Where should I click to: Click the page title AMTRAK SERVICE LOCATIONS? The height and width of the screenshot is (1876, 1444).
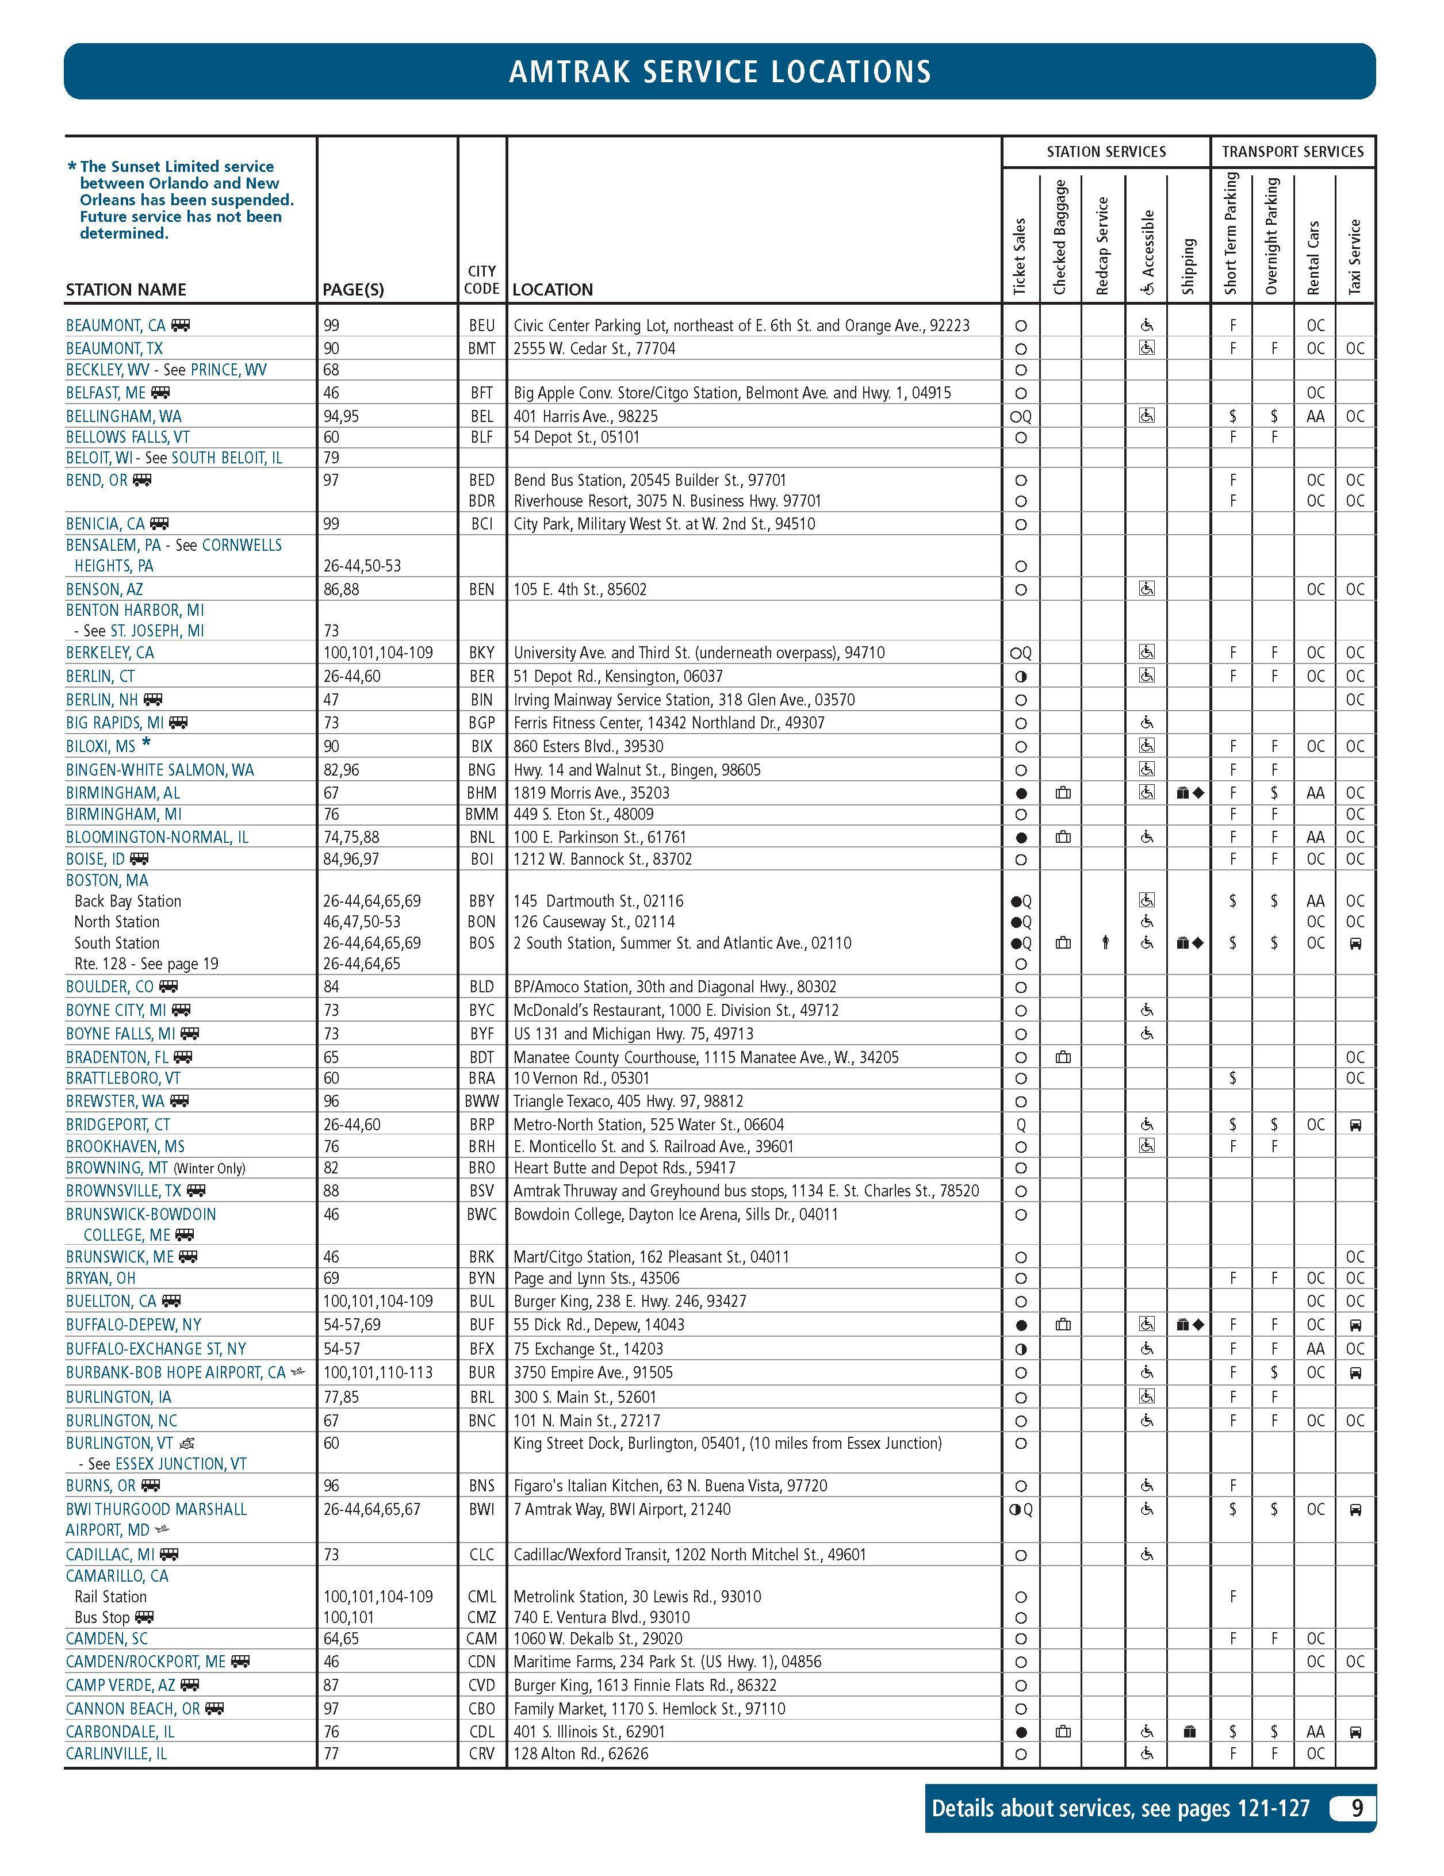720,71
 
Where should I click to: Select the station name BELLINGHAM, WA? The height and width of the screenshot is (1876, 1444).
124,416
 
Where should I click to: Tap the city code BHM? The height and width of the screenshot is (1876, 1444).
481,793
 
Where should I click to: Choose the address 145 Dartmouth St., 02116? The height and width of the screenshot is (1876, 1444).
598,901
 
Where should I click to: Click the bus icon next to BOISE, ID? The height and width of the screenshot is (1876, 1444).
139,859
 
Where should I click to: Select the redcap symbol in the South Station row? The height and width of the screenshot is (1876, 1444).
1105,943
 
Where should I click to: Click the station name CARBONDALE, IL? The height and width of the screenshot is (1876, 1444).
120,1732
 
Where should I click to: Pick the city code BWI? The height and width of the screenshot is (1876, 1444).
481,1509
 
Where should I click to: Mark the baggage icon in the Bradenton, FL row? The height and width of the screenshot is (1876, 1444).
1063,1057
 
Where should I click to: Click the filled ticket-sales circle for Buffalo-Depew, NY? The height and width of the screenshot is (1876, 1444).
1021,1325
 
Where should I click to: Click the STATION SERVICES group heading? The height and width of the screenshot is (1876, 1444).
1105,152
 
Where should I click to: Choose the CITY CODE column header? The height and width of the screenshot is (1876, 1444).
481,280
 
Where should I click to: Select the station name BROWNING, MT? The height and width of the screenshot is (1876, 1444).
117,1168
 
